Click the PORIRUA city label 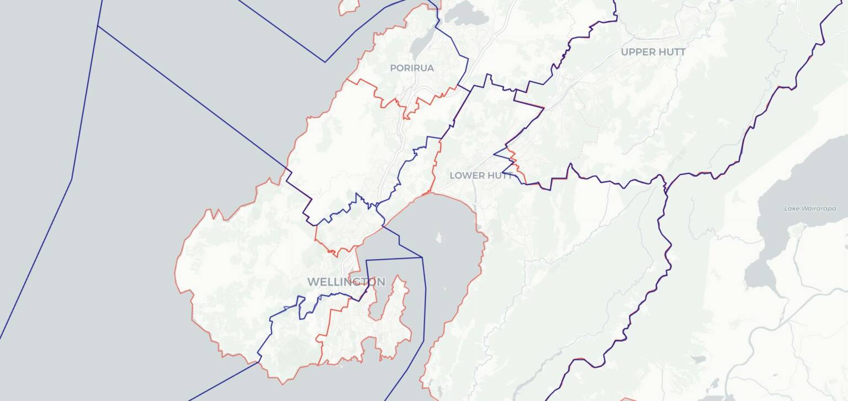412,68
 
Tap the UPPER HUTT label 653,52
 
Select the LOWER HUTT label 481,176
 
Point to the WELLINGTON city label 346,282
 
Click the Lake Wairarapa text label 810,208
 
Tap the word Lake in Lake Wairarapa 791,208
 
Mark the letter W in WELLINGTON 312,282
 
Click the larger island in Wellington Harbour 439,238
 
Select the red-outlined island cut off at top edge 348,6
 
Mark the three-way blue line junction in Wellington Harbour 422,257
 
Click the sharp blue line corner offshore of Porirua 325,62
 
